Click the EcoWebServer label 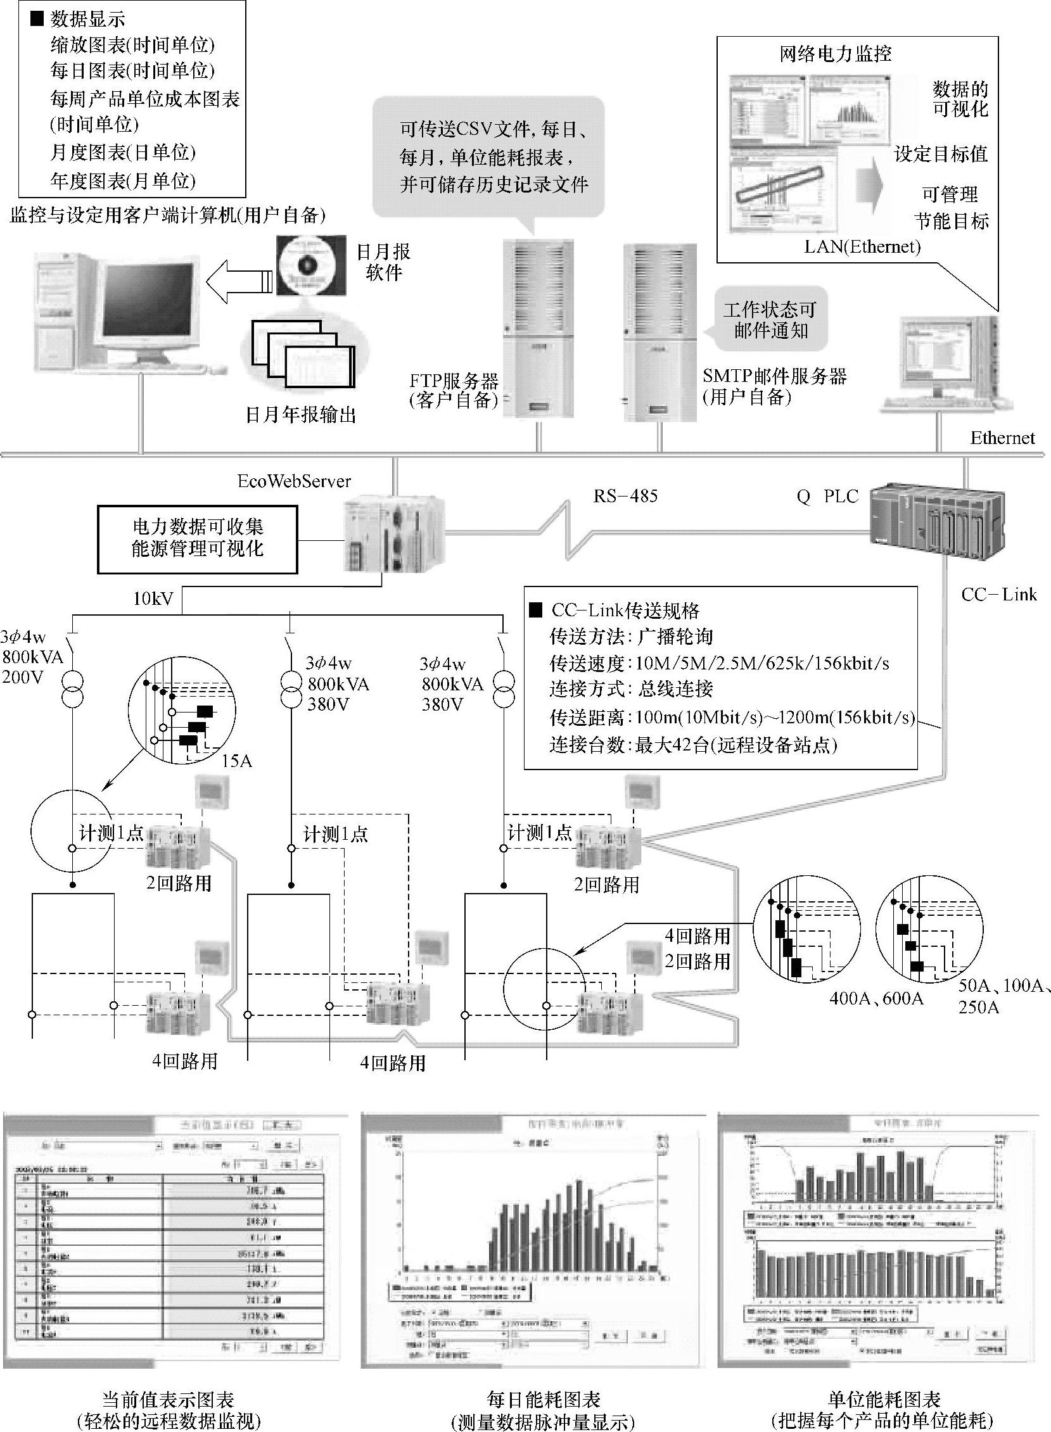(294, 481)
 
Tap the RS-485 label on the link (625, 496)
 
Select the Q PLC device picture (937, 521)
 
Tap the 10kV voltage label (153, 599)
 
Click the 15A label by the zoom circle (237, 761)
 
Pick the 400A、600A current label (876, 998)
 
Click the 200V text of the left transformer (23, 676)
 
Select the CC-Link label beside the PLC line (998, 595)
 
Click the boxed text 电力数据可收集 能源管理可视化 (197, 538)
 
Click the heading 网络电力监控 (836, 54)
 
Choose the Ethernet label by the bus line (1002, 438)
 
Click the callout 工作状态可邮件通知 (769, 320)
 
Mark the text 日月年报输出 (300, 415)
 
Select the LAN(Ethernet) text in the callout (862, 247)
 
